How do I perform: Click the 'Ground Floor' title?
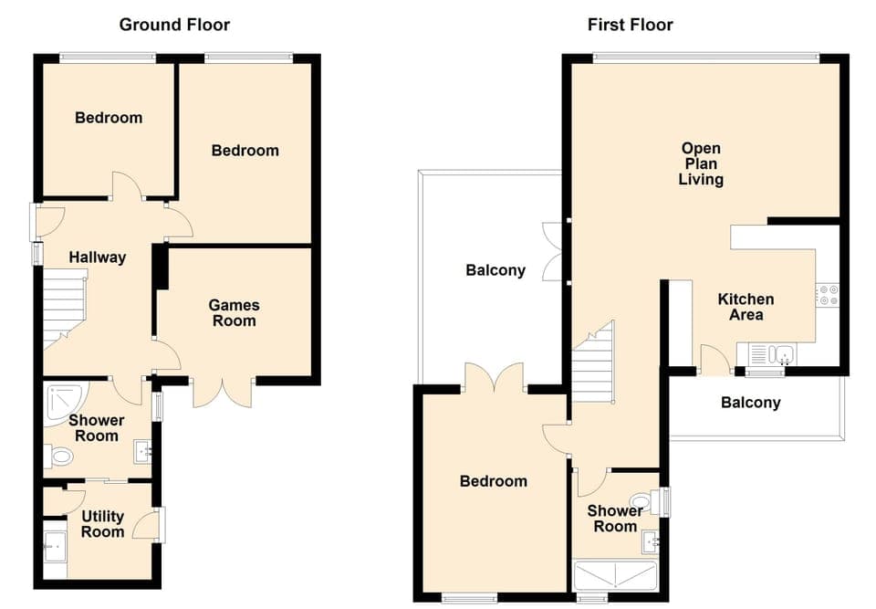(174, 25)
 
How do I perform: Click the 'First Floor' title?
(630, 25)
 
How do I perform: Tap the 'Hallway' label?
(98, 257)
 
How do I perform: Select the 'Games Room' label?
(234, 313)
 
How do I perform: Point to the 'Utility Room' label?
(102, 524)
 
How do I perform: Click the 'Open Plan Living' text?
(701, 163)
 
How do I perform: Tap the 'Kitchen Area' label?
(746, 307)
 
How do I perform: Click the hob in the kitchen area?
(828, 295)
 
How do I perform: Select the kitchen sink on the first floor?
(772, 353)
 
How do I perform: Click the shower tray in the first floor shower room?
(616, 576)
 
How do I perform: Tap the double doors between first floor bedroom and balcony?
(494, 377)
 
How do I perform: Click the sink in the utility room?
(55, 547)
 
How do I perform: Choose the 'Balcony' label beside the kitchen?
(750, 403)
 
